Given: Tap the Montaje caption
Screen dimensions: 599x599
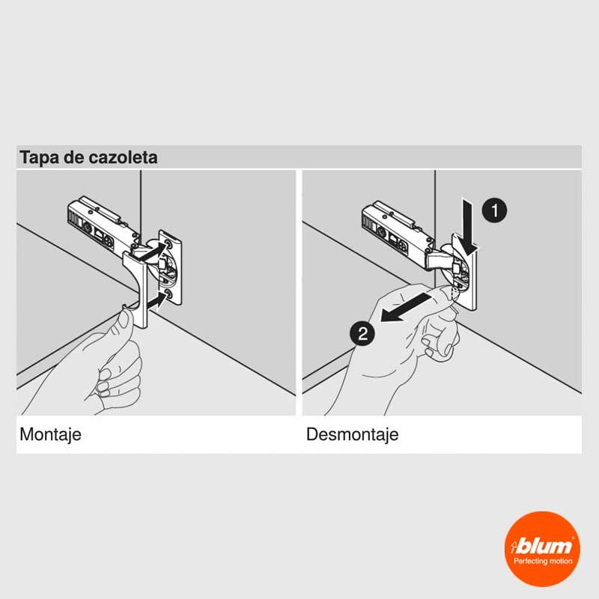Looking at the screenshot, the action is point(50,435).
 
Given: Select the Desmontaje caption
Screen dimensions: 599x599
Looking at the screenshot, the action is point(352,434).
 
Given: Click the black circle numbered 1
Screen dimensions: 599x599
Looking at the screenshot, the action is point(494,210).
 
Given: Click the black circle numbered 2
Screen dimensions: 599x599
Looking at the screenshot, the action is point(362,333).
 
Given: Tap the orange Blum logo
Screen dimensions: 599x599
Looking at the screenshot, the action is point(542,549).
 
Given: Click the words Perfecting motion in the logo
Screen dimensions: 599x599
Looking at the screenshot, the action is point(543,561).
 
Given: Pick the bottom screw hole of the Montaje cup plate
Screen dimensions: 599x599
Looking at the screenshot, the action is point(168,294).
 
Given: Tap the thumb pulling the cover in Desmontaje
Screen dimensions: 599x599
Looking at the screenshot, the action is point(443,296).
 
